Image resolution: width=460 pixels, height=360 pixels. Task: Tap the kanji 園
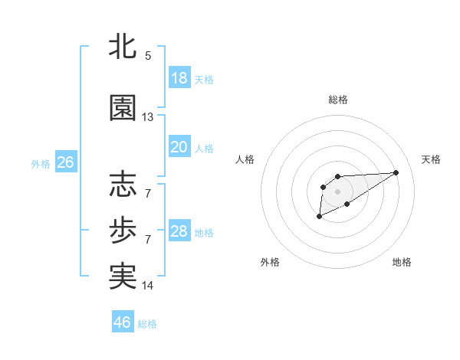pos(123,108)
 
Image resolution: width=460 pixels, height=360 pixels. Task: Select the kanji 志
pos(123,185)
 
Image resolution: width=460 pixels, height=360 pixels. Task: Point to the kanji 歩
pos(123,231)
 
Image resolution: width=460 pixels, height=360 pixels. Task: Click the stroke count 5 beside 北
pos(147,56)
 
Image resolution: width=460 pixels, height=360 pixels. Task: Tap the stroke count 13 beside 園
pos(148,117)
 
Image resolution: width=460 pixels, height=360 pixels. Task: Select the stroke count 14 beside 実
pos(148,286)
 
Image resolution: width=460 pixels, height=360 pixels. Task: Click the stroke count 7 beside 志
pos(147,193)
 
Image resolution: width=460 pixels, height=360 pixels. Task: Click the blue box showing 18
pos(179,78)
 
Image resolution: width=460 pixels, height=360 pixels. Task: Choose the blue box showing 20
pos(179,147)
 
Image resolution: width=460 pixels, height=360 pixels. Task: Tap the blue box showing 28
pos(179,231)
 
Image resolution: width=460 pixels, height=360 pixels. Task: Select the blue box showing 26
pos(65,162)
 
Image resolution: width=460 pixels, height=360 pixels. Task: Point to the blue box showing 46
pos(123,322)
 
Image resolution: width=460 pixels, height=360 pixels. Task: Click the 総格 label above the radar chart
pos(338,100)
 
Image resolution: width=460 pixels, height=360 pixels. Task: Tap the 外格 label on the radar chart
pos(270,262)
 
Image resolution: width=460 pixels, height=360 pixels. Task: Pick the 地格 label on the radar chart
pos(402,262)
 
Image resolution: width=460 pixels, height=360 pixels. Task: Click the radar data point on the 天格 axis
pos(396,172)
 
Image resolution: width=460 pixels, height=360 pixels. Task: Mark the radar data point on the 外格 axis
pos(319,217)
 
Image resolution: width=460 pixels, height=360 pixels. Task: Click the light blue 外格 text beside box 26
pos(41,163)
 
